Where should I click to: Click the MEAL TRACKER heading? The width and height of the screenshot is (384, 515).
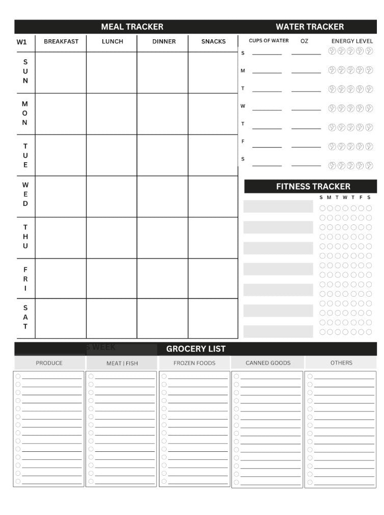132,27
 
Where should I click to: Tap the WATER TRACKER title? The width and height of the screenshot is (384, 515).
310,27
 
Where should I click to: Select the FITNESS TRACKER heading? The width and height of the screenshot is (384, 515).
313,187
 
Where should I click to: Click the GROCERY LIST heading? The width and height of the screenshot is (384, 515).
196,349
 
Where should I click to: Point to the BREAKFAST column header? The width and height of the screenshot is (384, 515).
61,42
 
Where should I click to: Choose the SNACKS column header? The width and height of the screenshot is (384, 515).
213,42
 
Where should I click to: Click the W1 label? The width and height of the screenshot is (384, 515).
21,42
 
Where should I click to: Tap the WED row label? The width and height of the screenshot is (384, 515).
25,194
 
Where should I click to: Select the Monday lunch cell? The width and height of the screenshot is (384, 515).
112,114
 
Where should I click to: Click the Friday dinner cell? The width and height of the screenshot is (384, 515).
162,278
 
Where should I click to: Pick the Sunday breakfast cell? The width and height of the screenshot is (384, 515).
61,72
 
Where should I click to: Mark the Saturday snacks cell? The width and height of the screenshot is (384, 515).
213,318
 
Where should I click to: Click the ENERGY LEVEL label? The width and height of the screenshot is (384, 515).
352,41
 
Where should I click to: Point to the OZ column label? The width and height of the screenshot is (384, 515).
304,41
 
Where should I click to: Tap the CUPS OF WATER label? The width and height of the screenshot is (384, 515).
268,41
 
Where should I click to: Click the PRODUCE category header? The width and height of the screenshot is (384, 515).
49,363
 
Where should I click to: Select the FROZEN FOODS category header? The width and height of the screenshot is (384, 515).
194,363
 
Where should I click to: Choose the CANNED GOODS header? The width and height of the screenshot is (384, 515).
268,363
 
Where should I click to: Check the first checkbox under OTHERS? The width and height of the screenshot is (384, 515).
310,377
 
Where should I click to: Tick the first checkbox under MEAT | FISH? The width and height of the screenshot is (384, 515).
91,377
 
